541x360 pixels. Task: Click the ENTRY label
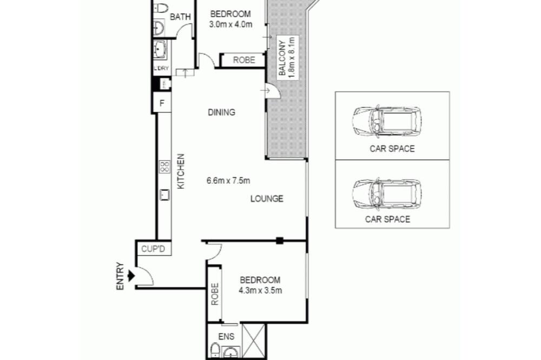click(x=120, y=276)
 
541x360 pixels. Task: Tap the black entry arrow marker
click(x=131, y=276)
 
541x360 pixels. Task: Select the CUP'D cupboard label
click(x=153, y=249)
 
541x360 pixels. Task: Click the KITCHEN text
click(x=181, y=171)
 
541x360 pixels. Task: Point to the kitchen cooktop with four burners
click(x=164, y=167)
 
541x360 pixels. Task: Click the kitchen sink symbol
click(x=164, y=195)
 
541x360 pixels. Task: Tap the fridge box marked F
click(x=162, y=103)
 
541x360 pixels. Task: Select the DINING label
click(x=221, y=112)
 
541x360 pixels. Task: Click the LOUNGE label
click(x=267, y=198)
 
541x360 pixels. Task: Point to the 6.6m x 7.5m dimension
click(x=228, y=181)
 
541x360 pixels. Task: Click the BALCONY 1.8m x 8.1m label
click(x=287, y=57)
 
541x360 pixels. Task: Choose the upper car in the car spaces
click(x=387, y=121)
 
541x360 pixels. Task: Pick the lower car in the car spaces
click(x=387, y=194)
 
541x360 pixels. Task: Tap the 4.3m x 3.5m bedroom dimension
click(x=260, y=291)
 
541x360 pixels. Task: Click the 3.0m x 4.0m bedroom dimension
click(x=230, y=24)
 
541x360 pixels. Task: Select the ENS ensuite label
click(x=226, y=336)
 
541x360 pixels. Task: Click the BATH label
click(x=181, y=17)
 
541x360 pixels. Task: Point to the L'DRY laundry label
click(x=161, y=68)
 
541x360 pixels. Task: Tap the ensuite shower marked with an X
click(x=254, y=341)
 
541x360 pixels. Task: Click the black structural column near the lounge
click(x=280, y=241)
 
